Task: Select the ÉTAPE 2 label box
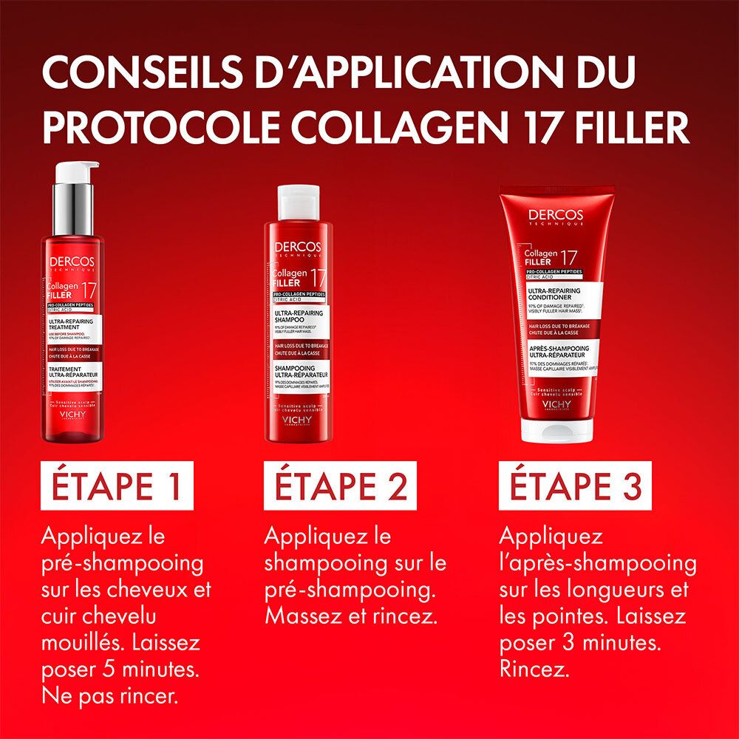[336, 488]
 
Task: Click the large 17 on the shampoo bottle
[319, 279]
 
